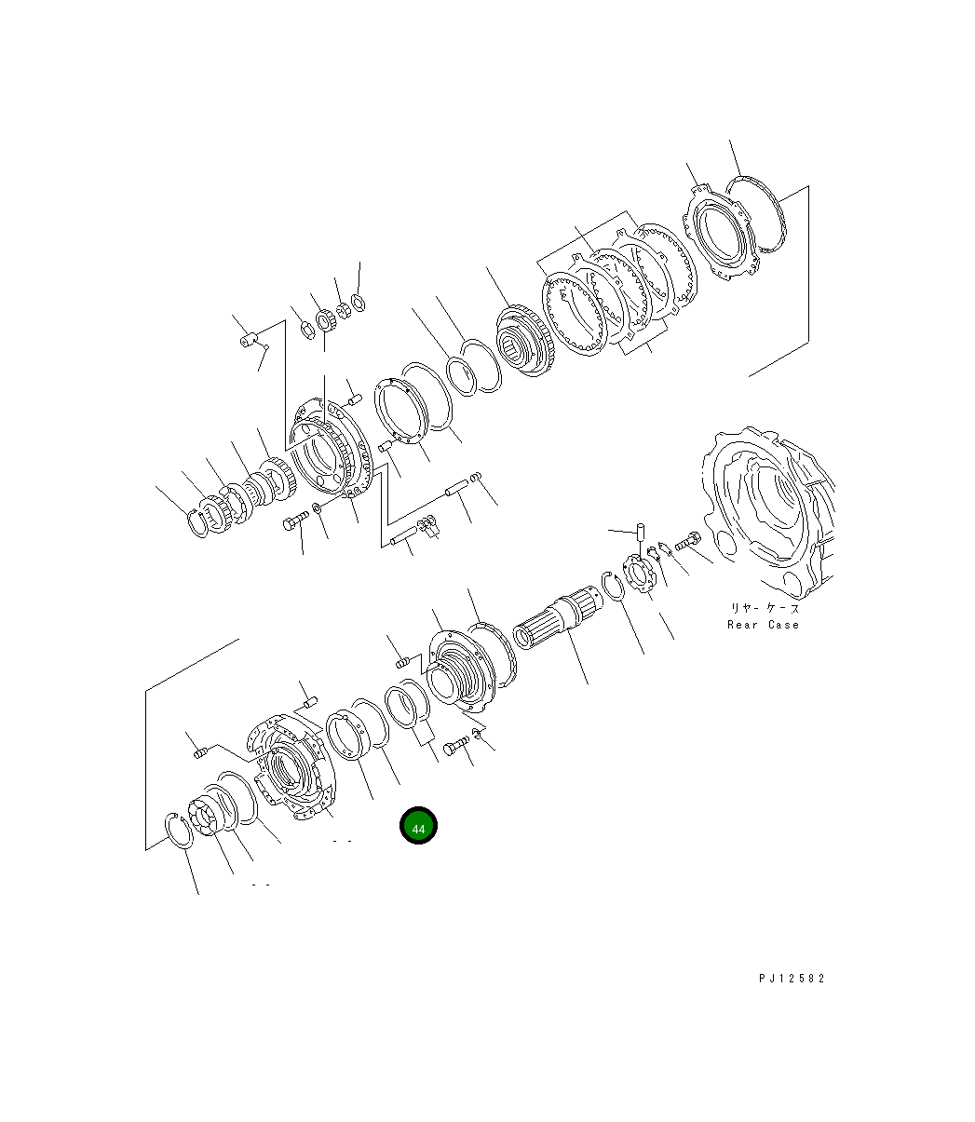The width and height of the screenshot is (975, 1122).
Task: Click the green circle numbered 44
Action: [x=418, y=825]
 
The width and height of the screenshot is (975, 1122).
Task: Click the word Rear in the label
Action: [x=742, y=625]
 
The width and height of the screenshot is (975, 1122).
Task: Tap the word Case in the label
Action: [x=783, y=625]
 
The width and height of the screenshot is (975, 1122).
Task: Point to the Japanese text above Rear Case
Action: [x=765, y=608]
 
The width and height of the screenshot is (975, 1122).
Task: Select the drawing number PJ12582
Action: [x=792, y=979]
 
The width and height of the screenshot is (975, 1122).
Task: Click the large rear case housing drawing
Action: [x=767, y=513]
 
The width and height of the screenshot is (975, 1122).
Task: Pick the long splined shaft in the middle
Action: [x=557, y=617]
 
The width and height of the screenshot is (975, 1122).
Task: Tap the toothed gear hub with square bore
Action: [x=525, y=341]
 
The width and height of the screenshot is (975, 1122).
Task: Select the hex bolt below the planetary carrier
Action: [x=295, y=520]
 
